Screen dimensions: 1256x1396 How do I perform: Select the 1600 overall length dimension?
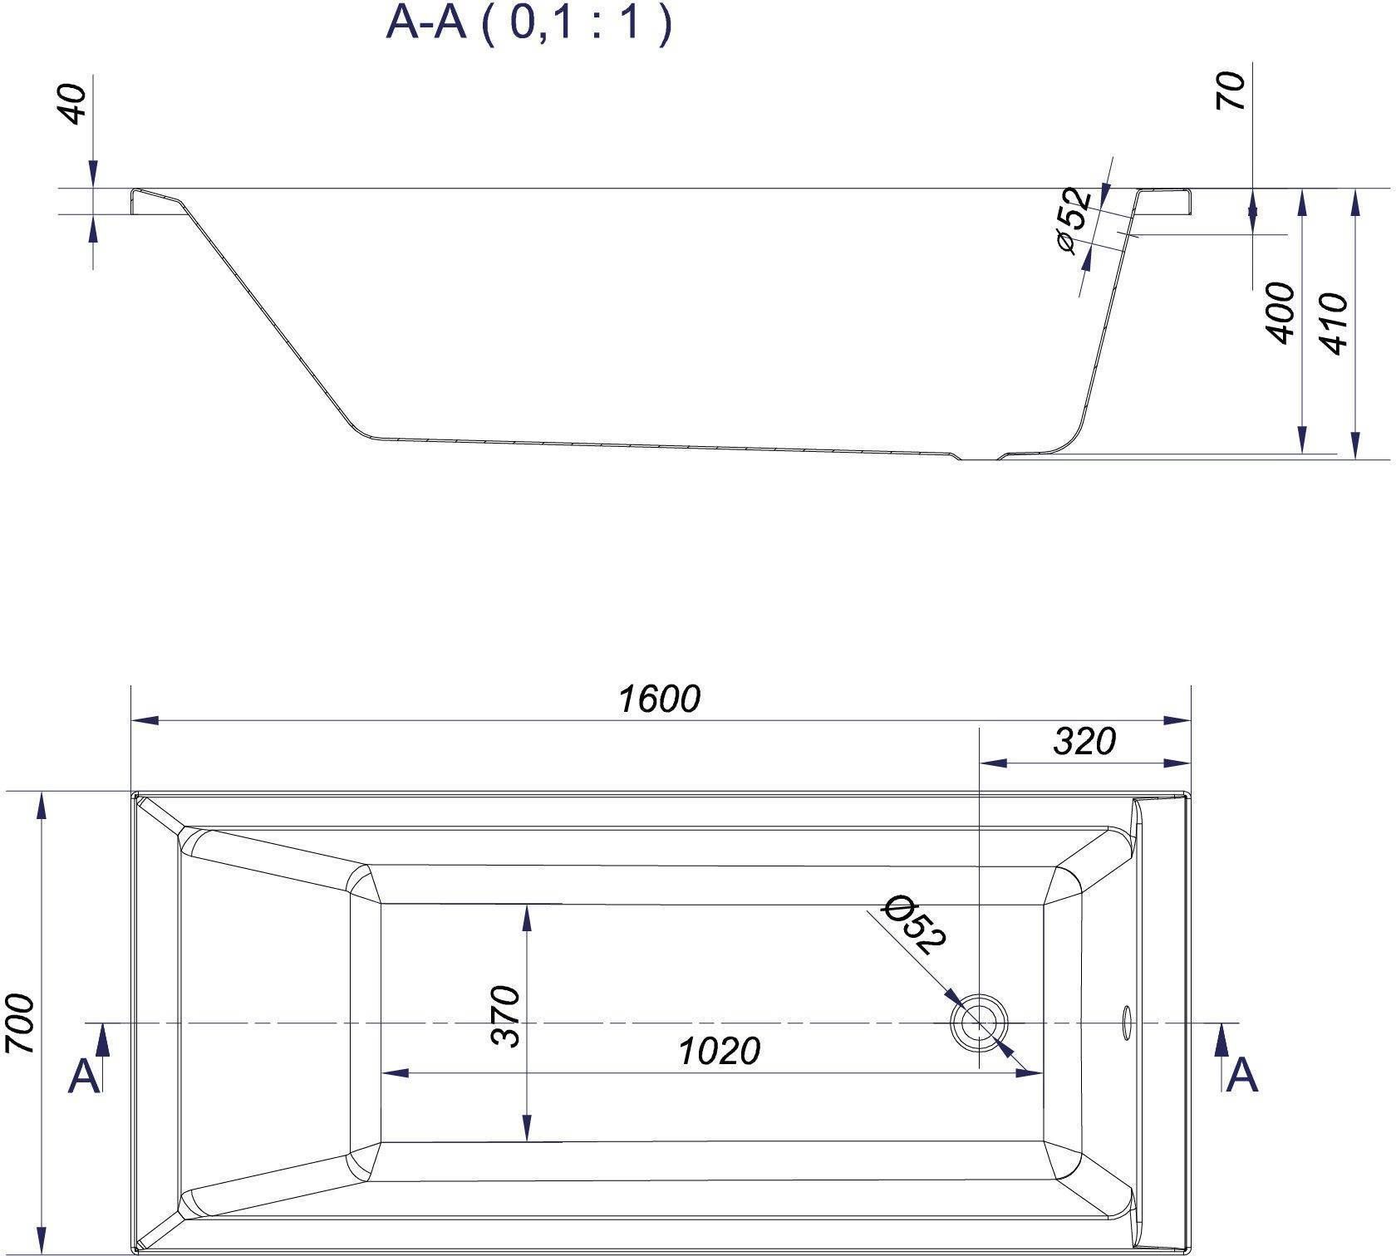(659, 699)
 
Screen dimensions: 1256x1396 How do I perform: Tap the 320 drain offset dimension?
(1084, 741)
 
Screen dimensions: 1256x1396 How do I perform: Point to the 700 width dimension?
(22, 1023)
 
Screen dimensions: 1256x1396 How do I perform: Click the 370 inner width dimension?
(505, 1016)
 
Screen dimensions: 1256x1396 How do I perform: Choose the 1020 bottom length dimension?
(719, 1052)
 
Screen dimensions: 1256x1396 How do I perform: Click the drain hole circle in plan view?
(980, 1022)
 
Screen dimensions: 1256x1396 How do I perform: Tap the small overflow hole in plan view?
(1128, 1022)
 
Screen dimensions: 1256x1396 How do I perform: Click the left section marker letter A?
(84, 1077)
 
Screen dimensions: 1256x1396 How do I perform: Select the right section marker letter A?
(1241, 1076)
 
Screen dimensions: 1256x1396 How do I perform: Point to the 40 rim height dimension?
(76, 104)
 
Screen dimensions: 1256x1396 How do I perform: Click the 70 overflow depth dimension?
(1231, 91)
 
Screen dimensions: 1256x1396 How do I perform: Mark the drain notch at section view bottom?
(980, 457)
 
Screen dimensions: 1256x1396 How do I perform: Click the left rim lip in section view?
(154, 199)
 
